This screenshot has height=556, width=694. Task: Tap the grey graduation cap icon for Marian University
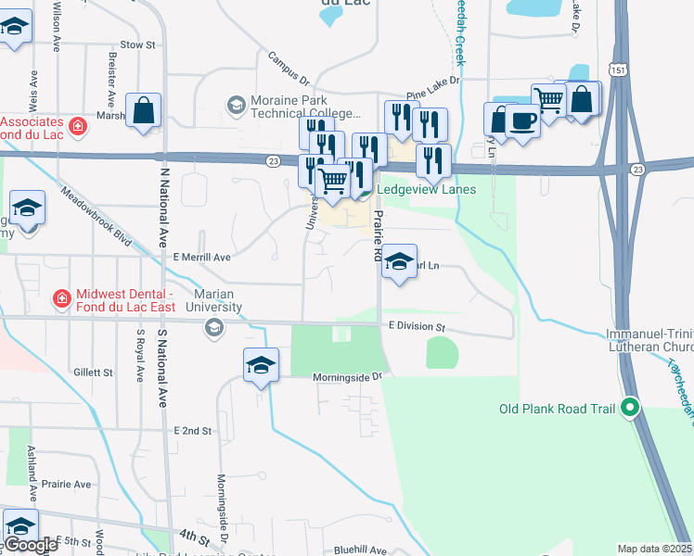point(214,327)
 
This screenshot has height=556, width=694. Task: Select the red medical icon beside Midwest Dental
point(60,298)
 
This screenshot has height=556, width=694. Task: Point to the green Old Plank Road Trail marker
point(631,408)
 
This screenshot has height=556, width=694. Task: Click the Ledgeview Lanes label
point(427,190)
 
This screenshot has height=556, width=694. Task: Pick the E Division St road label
point(418,328)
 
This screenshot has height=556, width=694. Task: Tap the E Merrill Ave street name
point(200,257)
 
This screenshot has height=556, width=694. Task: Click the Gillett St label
point(93,373)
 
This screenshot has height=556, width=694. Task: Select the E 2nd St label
point(193,432)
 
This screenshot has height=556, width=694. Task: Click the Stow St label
point(137,44)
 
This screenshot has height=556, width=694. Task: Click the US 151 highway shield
point(619,70)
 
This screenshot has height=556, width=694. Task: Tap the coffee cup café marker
point(522,120)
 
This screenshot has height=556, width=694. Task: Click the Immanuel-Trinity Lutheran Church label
point(649,340)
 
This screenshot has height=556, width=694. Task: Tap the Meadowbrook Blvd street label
point(96,213)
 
